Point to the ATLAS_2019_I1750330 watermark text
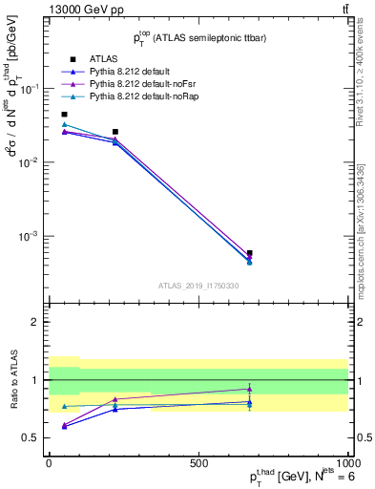point(198,286)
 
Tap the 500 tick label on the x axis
point(198,462)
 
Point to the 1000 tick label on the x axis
point(347,462)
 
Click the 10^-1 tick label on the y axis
point(29,89)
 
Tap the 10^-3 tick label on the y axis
point(29,236)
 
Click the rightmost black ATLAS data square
point(249,253)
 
